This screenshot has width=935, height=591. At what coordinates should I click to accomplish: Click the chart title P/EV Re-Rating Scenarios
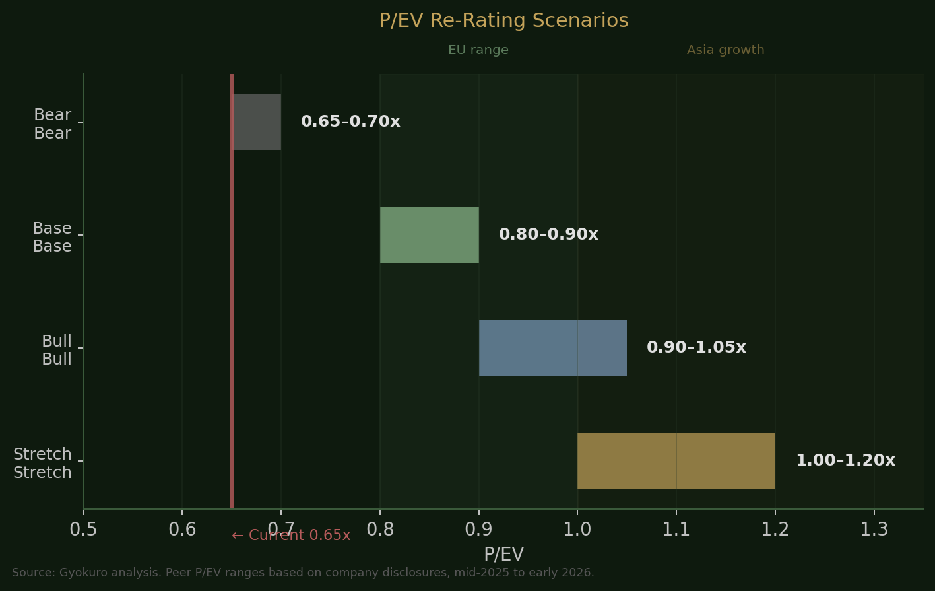503,21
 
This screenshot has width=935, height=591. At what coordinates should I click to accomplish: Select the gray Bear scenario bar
257,122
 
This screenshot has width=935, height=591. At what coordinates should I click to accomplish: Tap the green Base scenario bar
430,235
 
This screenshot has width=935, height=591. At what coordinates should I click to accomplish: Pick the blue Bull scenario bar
553,348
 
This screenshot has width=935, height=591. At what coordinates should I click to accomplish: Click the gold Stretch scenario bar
676,461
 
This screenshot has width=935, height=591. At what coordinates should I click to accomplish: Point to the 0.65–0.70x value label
350,122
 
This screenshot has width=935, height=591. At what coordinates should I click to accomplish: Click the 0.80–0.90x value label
548,235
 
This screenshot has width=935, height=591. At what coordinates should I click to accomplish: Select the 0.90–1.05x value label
696,348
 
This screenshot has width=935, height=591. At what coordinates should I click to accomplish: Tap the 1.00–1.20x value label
845,461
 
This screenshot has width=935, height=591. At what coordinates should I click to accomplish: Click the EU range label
478,51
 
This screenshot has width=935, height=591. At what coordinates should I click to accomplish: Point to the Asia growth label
725,51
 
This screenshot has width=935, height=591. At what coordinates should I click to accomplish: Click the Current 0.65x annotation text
291,536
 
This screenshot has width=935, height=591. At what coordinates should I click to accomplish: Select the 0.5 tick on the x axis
84,530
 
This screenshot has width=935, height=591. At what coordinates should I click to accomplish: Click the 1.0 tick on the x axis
577,530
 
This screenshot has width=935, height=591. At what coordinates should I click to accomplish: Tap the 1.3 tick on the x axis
874,530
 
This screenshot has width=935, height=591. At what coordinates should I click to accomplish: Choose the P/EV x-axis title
503,555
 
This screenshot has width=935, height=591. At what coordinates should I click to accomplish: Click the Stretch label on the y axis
42,464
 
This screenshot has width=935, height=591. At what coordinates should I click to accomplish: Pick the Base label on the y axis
52,238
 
